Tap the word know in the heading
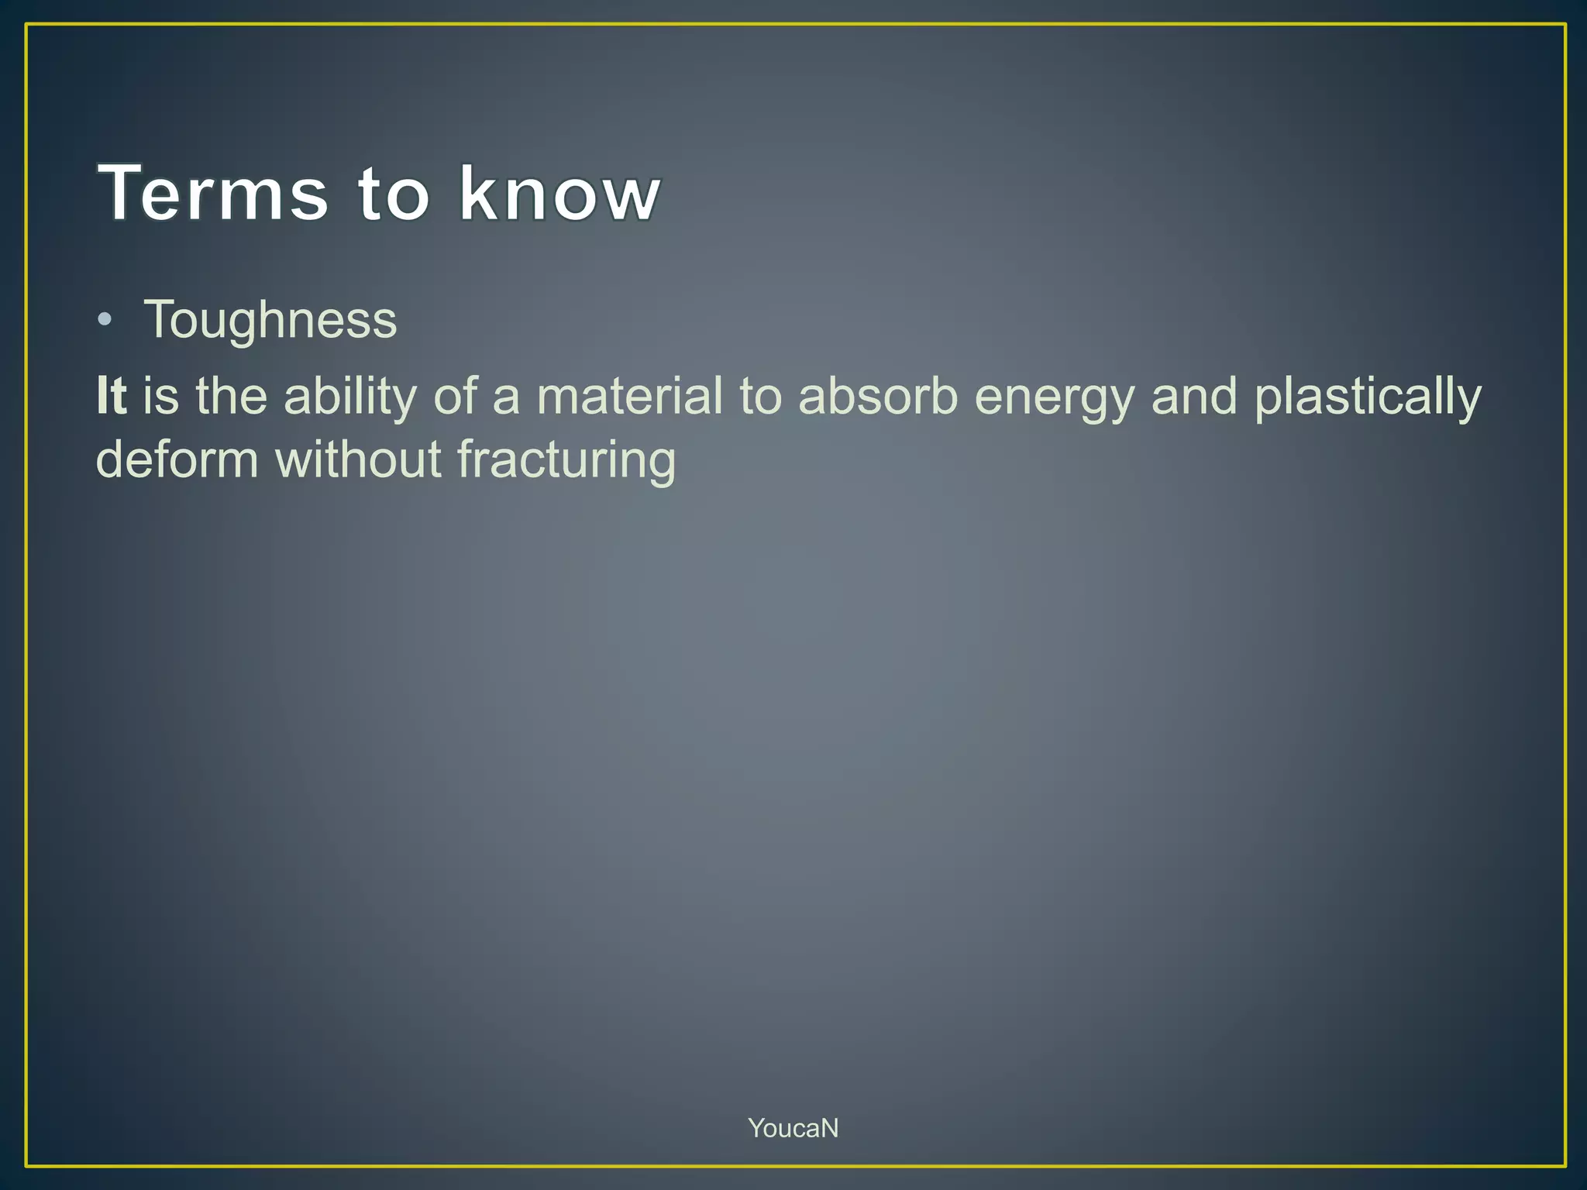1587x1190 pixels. (x=559, y=194)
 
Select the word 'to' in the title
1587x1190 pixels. (x=393, y=194)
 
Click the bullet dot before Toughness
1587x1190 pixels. (x=105, y=320)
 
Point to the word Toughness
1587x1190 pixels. (x=270, y=320)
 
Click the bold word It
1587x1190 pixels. (x=112, y=396)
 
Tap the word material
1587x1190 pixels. (x=629, y=396)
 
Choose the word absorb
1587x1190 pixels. (x=878, y=396)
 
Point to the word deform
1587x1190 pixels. (x=177, y=459)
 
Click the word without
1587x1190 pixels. (x=357, y=459)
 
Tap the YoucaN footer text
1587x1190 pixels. (x=793, y=1128)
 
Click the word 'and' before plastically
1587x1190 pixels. (x=1194, y=396)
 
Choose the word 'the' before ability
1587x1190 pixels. (x=231, y=396)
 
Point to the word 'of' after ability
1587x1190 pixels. (x=455, y=396)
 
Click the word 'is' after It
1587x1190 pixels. (x=161, y=396)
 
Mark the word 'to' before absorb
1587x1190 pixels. (x=760, y=396)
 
